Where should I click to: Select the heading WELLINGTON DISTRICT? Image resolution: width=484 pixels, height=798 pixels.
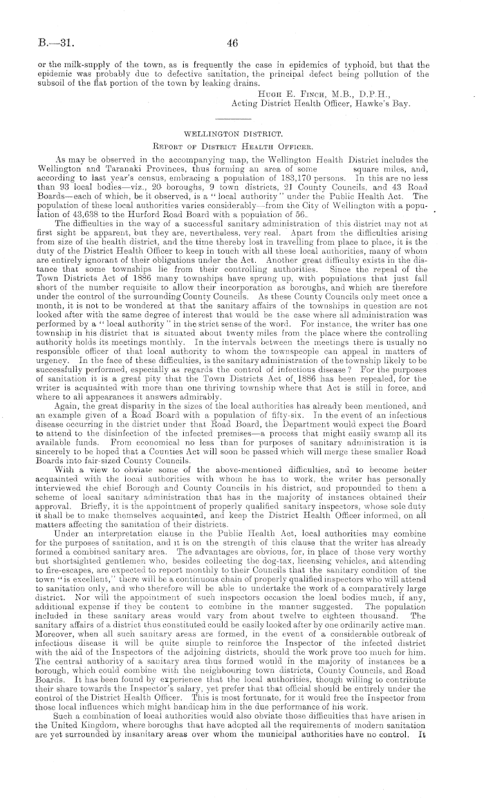tap(232, 129)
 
